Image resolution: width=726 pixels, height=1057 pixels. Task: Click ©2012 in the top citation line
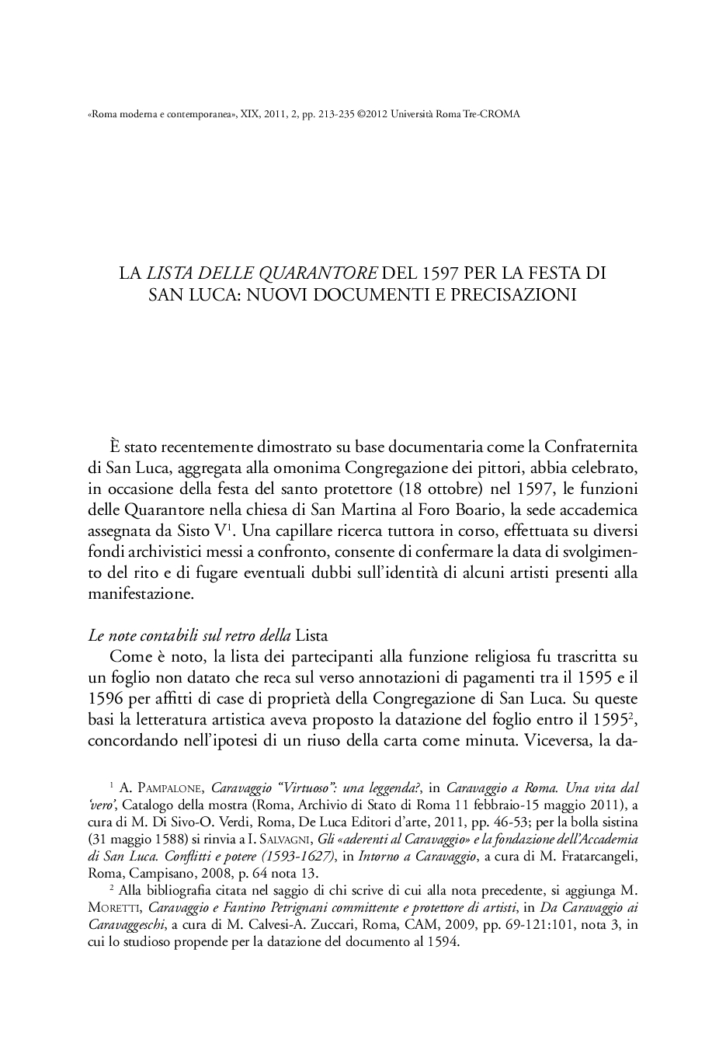point(373,114)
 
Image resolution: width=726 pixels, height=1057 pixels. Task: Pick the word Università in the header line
point(414,114)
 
